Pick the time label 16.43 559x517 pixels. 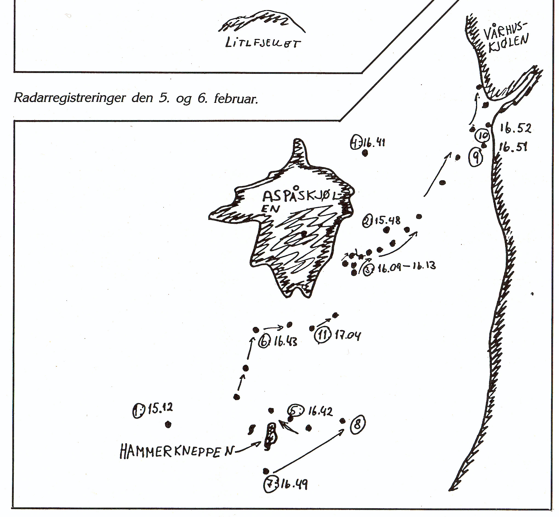[x=285, y=342]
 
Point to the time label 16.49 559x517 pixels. [x=294, y=485]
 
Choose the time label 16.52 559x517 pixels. [x=515, y=128]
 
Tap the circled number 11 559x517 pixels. [x=323, y=335]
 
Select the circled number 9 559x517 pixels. [x=476, y=158]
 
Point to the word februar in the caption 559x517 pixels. [x=236, y=99]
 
